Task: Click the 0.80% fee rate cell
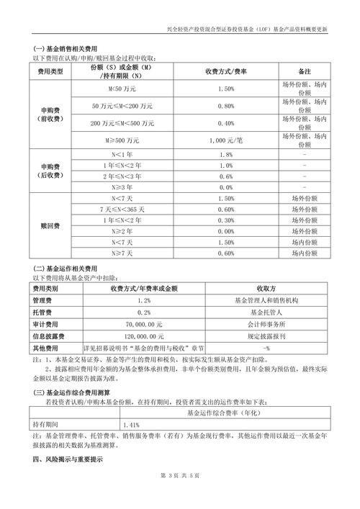click(225, 106)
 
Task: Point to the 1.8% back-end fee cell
click(225, 155)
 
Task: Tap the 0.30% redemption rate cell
click(225, 220)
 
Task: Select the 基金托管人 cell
click(266, 312)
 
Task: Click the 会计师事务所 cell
click(266, 324)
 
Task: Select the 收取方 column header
click(266, 288)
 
